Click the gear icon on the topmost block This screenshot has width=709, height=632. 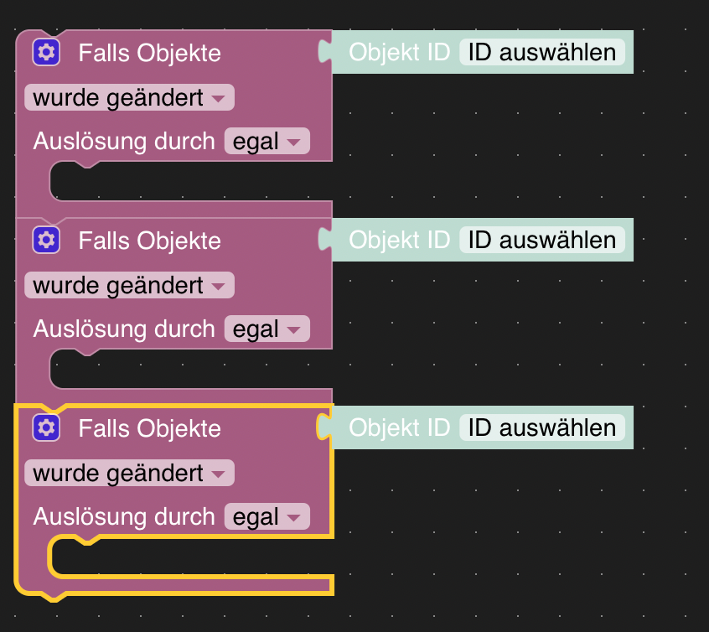coord(47,53)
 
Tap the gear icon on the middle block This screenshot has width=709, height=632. coord(47,241)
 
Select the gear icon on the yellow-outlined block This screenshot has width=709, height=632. coord(47,428)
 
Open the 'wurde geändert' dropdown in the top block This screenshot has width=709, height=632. coord(129,98)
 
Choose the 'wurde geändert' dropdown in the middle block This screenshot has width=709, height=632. coord(129,286)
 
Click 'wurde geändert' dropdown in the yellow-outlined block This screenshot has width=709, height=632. coord(129,474)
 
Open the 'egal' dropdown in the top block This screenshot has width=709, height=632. coord(267,142)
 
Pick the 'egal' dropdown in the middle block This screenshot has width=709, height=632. coord(267,329)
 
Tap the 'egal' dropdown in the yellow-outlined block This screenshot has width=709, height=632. coord(267,517)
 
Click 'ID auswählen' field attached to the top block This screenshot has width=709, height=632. coord(541,53)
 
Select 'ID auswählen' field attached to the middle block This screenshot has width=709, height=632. coord(541,241)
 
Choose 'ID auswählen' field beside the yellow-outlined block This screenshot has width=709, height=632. coord(541,428)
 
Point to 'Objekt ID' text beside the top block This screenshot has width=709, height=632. coord(399,53)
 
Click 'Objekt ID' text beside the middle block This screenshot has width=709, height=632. coord(399,241)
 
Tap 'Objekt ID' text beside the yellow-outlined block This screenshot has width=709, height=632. coord(399,428)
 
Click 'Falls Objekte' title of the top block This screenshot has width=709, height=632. coord(149,54)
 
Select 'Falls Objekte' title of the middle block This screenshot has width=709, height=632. coord(149,241)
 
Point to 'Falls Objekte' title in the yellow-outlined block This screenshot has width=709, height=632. coord(149,429)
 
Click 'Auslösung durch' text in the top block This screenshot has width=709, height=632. coord(124,142)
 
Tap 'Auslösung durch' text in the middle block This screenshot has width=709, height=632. coord(124,329)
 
